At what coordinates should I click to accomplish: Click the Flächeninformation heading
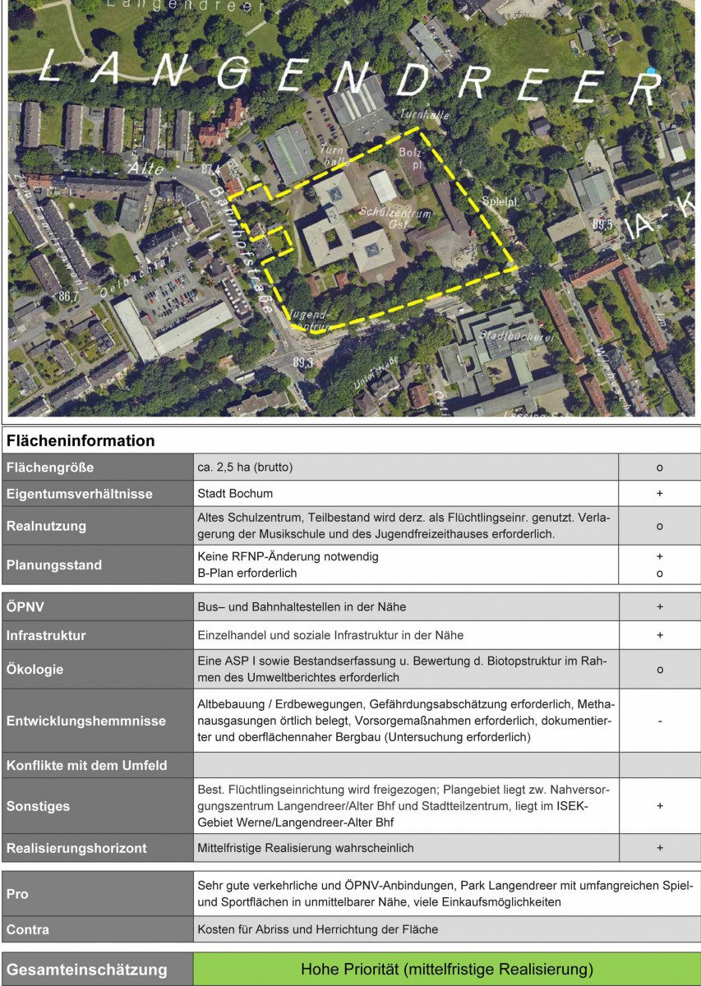(81, 441)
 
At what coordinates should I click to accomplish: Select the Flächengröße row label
(50, 468)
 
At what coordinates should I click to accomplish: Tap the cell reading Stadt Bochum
(406, 494)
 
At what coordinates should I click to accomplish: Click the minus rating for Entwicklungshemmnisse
(659, 721)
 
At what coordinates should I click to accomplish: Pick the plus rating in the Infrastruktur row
(659, 635)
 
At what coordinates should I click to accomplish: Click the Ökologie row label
(35, 670)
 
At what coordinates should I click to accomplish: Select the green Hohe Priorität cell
(447, 969)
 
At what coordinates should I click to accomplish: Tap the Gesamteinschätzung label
(87, 970)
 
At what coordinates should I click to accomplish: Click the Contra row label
(28, 929)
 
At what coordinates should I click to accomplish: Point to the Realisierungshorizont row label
(76, 847)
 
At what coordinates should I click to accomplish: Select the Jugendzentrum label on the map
(310, 320)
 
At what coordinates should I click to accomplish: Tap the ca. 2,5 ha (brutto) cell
(406, 468)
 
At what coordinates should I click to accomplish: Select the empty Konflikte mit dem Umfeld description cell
(406, 765)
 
